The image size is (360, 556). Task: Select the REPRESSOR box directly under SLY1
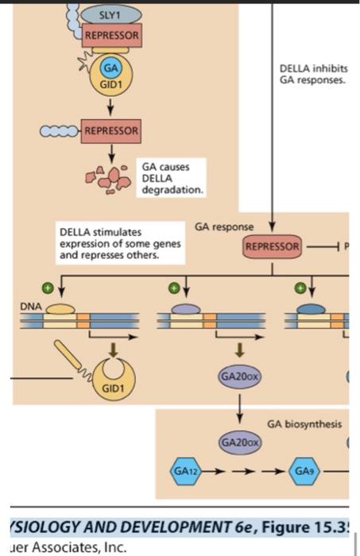click(112, 36)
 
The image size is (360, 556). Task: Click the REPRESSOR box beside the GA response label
click(273, 246)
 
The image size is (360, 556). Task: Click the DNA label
click(30, 304)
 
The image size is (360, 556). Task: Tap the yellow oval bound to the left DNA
click(60, 309)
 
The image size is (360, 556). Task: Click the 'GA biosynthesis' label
click(304, 424)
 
